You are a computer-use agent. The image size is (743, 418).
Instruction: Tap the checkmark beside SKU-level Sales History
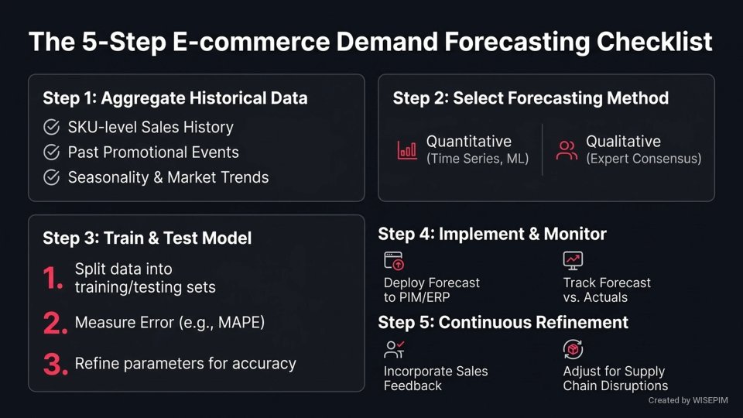coord(52,128)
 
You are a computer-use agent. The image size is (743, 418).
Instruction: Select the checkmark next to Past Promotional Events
coord(52,152)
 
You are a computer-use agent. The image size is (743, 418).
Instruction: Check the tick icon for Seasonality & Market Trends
coord(52,177)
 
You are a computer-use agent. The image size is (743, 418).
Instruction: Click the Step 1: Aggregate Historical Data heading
coord(175,98)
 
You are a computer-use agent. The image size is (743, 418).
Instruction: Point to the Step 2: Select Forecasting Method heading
coord(530,98)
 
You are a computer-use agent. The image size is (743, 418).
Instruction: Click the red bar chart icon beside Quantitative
coord(407,150)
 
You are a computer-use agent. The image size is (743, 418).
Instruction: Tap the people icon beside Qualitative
coord(567,150)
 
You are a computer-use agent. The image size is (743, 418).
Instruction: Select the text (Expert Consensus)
coord(643,159)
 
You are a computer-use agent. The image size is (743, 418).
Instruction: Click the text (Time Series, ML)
coord(478,159)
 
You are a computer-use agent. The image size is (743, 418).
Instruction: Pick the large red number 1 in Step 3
coord(53,279)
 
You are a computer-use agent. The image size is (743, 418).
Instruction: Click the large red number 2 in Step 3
coord(55,324)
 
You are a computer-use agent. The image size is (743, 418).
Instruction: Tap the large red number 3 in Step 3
coord(55,364)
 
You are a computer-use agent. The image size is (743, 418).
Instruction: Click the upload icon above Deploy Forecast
coord(394,261)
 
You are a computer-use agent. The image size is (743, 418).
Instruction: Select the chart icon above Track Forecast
coord(573,261)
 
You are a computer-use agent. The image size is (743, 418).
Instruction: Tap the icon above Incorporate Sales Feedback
coord(394,350)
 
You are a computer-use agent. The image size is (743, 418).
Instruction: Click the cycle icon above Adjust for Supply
coord(573,350)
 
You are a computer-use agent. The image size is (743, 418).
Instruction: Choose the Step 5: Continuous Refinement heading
coord(503,322)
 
